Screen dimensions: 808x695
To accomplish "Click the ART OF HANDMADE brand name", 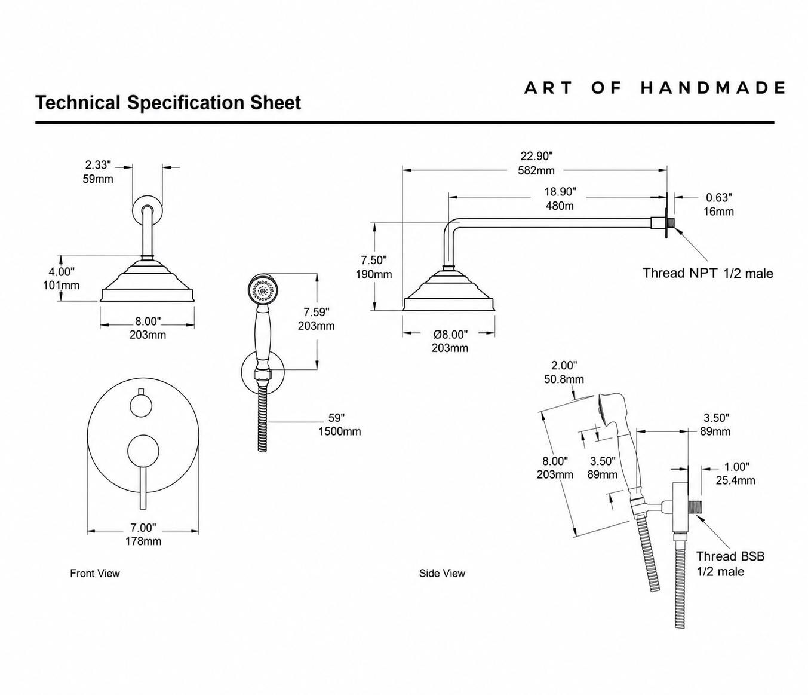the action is click(x=655, y=88).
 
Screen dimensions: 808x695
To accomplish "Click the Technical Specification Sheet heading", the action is click(x=168, y=103).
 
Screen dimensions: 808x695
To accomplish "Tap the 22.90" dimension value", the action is click(x=536, y=156).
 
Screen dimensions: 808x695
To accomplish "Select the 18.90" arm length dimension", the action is click(x=560, y=192).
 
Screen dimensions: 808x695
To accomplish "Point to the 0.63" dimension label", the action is click(x=718, y=198).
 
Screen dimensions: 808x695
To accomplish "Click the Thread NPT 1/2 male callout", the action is click(x=708, y=273).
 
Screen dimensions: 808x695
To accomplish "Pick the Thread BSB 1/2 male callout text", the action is click(x=730, y=564).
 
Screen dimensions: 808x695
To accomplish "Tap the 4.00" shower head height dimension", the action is click(x=62, y=271).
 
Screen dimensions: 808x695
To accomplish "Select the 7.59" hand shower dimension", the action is click(x=317, y=312).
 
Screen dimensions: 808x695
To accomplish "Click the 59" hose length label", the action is click(x=337, y=418).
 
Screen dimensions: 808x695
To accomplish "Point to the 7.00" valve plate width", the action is click(x=143, y=528).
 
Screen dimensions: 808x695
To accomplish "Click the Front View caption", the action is click(x=95, y=573).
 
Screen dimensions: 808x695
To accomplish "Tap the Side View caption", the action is click(x=442, y=573).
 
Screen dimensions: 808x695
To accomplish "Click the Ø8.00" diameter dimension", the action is click(x=450, y=335).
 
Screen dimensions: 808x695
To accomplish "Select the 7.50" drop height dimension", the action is click(x=374, y=260).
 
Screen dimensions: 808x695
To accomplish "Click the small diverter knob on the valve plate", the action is click(x=141, y=405).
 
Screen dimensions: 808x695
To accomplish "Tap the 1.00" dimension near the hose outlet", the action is click(x=736, y=467).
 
